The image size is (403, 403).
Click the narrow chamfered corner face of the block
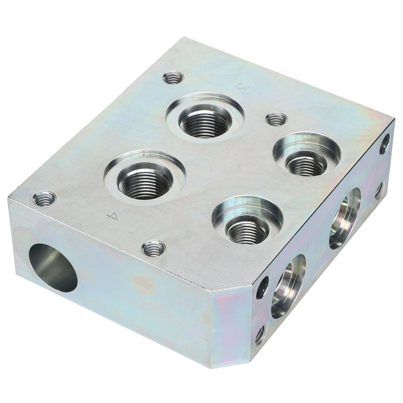click(x=232, y=327)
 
